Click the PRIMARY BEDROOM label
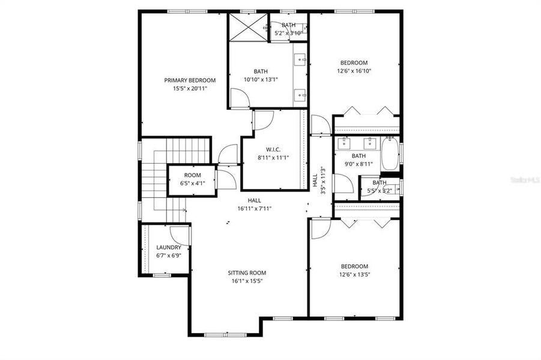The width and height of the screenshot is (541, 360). pos(190,80)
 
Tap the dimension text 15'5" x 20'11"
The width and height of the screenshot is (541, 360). pos(190,89)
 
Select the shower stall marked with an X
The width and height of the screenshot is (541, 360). pos(247,27)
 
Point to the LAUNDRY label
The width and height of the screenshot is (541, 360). pos(168,247)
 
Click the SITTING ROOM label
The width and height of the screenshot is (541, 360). pos(247,272)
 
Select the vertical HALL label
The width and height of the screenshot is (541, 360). pos(315,180)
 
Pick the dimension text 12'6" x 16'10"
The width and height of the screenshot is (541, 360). pos(354,71)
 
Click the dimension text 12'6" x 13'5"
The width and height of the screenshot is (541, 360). pos(354,275)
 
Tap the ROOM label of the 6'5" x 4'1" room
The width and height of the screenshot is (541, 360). pos(192,175)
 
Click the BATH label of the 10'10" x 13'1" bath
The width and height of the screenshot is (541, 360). pos(261,70)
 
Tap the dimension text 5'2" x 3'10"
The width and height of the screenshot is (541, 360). pos(288,33)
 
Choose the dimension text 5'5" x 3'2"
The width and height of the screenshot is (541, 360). pos(379,191)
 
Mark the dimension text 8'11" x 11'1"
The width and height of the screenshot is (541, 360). pos(265,158)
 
